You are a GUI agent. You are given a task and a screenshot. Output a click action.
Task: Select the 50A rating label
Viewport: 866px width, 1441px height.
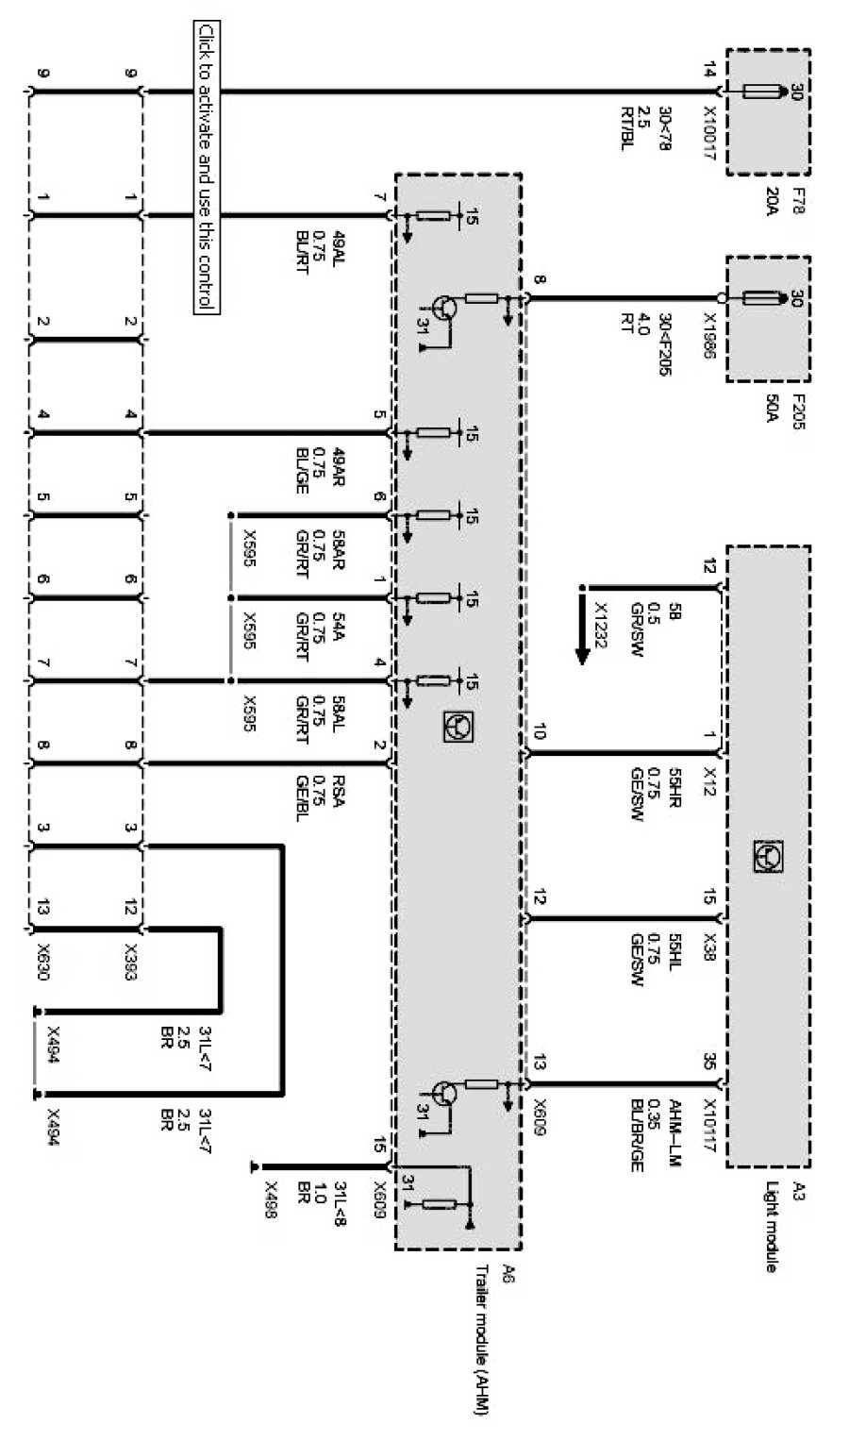[772, 408]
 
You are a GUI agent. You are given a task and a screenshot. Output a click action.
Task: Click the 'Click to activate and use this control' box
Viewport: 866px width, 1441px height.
[206, 166]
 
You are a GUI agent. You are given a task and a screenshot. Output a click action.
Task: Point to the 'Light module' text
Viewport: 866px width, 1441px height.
[771, 1228]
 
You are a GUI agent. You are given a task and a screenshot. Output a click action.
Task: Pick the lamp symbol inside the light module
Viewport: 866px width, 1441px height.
[767, 856]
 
